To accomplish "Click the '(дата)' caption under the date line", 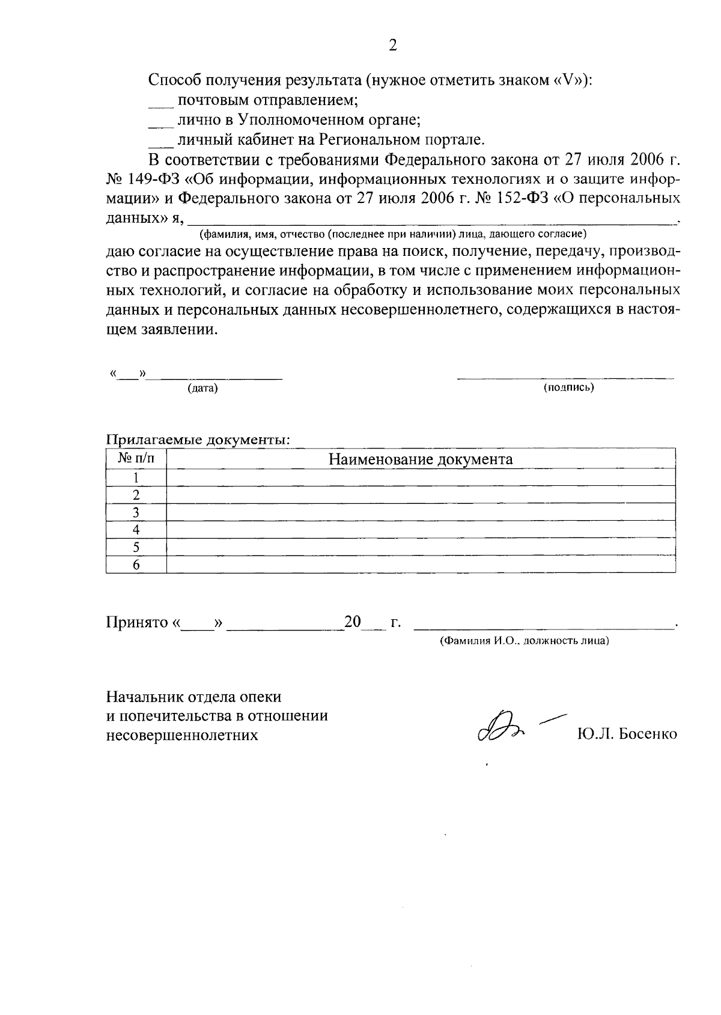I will (x=202, y=389).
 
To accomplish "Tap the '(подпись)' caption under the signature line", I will (x=568, y=388).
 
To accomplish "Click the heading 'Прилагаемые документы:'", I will (x=198, y=440).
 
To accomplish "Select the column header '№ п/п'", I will (x=136, y=459).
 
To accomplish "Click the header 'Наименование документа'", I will (x=421, y=459).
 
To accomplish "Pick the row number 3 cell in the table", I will (x=136, y=512).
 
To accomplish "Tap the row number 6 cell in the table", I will (x=136, y=565).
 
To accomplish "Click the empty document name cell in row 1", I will (x=421, y=478).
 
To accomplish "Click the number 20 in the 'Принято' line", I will (x=352, y=622).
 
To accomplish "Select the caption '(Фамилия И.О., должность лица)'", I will (x=524, y=641).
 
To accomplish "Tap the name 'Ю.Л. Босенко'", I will (x=627, y=734).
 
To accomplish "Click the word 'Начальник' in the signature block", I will (x=142, y=697).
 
